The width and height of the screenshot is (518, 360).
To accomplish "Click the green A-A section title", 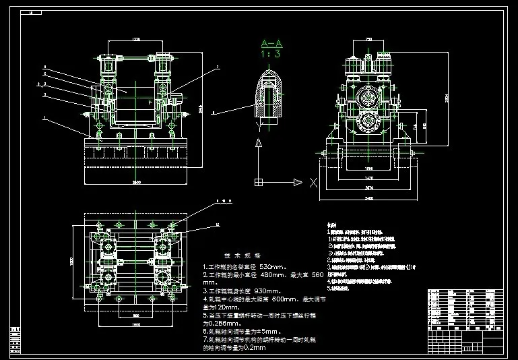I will click(x=271, y=44).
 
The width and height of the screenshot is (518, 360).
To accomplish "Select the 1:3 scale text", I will click(x=271, y=55).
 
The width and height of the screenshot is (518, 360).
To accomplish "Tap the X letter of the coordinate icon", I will click(x=313, y=181).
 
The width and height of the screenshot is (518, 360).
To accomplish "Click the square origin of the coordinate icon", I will click(x=258, y=181).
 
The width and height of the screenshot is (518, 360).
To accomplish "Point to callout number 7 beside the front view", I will click(x=218, y=67).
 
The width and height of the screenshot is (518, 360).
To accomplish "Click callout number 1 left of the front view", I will click(x=44, y=118).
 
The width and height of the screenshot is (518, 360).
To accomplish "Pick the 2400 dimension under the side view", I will click(x=368, y=199).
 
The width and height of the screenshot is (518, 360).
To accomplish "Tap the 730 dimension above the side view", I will click(x=368, y=40).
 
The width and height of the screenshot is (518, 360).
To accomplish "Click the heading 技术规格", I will click(x=237, y=256).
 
